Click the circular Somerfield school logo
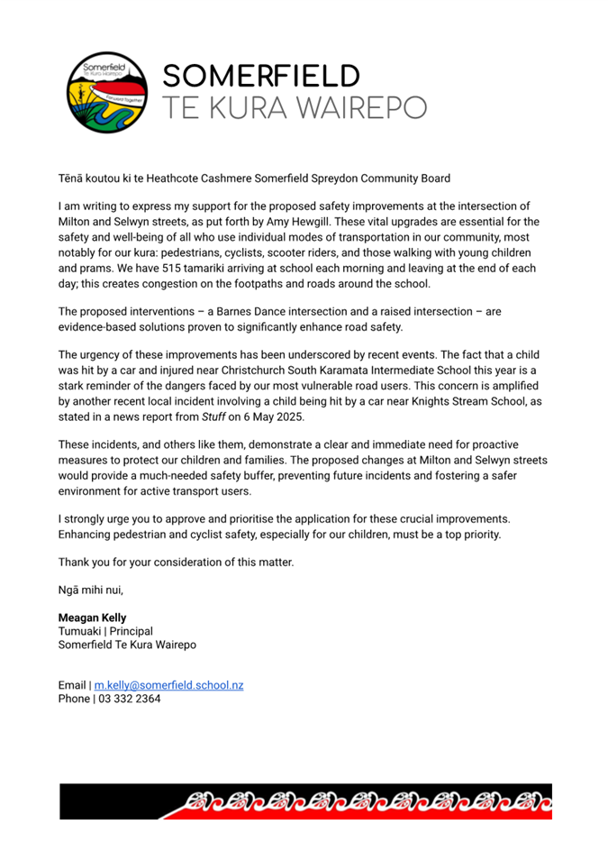click(x=104, y=92)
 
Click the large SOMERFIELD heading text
click(x=261, y=76)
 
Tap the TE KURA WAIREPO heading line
click(x=294, y=108)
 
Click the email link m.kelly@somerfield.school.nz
click(x=168, y=685)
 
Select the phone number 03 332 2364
click(x=130, y=699)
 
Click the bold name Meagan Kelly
click(x=93, y=618)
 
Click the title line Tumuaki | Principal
click(x=105, y=631)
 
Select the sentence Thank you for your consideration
click(x=176, y=563)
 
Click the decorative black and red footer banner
click(x=305, y=801)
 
